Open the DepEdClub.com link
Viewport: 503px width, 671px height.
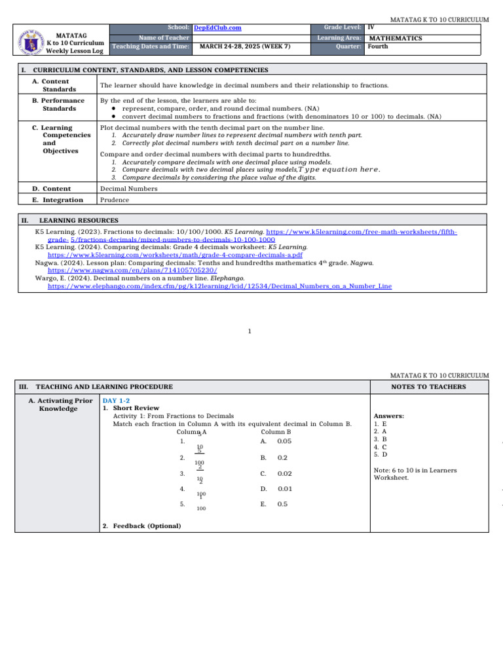pos(217,28)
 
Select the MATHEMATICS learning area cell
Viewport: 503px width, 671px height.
pos(396,38)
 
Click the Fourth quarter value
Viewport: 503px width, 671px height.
pos(378,47)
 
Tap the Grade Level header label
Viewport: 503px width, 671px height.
pos(343,28)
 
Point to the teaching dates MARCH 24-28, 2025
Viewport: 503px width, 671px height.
pos(245,47)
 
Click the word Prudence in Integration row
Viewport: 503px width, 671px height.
pos(115,200)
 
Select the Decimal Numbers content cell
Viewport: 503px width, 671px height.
pos(128,189)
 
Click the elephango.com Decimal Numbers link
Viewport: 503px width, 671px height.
pos(219,286)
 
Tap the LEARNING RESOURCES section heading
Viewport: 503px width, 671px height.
pos(79,221)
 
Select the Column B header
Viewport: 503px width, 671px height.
pos(276,432)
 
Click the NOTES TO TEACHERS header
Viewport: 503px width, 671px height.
pos(428,387)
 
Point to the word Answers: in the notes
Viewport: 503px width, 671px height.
pos(388,415)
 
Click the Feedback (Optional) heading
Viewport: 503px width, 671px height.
pos(142,526)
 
